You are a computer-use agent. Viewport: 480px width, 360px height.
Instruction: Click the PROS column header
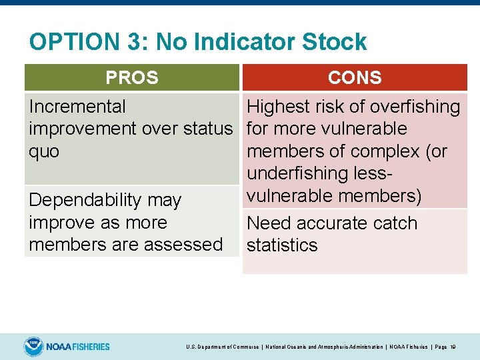point(132,77)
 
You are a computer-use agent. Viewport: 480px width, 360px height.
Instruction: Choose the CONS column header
point(355,77)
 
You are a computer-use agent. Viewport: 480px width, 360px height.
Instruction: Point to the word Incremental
point(77,107)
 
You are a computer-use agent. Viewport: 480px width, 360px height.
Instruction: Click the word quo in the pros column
point(44,151)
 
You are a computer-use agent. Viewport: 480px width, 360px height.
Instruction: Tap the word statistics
point(282,245)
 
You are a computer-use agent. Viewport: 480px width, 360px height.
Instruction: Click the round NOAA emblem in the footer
point(33,347)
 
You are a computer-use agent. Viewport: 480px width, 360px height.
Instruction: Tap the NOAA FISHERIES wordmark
point(78,347)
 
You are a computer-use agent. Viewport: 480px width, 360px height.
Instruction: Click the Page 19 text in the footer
point(443,347)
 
